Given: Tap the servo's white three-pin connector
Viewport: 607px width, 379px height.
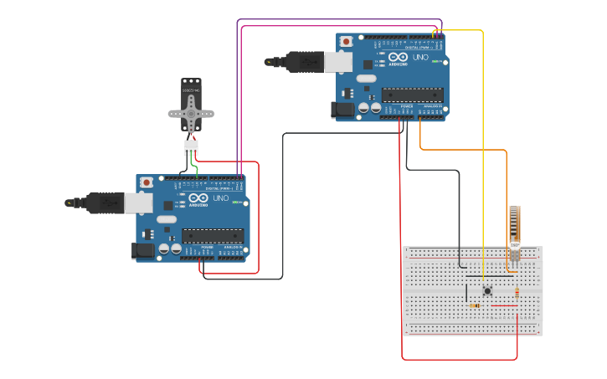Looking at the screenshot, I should click(x=192, y=147).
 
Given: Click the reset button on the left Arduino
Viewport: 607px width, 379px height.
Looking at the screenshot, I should click(x=147, y=182).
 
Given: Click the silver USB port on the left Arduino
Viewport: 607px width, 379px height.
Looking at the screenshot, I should click(x=139, y=202).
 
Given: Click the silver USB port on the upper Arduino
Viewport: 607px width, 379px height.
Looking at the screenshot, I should click(x=339, y=60).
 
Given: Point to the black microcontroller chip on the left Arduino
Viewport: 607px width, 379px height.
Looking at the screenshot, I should click(x=213, y=236).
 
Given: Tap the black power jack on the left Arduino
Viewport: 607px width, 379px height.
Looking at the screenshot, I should click(x=141, y=250).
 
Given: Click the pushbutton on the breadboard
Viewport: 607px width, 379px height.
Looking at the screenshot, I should click(x=487, y=290).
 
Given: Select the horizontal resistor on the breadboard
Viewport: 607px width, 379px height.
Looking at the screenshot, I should click(x=475, y=305).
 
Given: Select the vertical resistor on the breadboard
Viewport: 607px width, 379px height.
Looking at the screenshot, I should click(x=517, y=292).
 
